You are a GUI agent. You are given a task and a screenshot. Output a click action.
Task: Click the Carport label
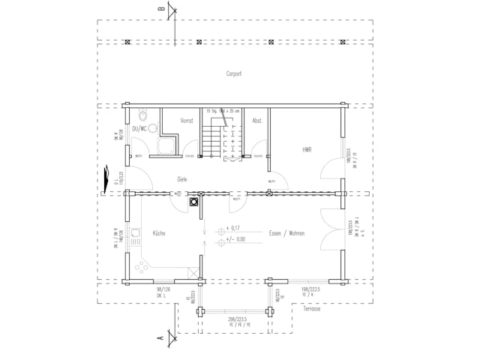coord(234,74)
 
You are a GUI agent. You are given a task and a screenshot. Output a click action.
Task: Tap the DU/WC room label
coord(140,129)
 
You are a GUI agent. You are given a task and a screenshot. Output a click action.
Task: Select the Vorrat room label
coord(187,120)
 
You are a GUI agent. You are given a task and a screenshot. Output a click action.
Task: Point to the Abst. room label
coord(256,120)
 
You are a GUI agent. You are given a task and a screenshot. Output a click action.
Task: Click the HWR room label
coord(307,150)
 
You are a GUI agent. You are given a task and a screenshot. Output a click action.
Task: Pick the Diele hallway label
coord(181,179)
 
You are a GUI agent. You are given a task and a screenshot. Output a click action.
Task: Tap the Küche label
coord(159,233)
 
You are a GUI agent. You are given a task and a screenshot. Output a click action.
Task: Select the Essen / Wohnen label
coord(286,233)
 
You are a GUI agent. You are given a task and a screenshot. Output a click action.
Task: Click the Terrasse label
coord(311,308)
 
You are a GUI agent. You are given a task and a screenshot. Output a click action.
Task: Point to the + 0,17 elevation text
coord(232,228)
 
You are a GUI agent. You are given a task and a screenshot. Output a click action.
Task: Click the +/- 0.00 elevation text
coord(235,239)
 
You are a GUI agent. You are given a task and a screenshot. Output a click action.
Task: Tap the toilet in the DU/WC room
coord(142,116)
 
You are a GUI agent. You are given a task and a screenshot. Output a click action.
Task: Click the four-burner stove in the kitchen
coord(142,266)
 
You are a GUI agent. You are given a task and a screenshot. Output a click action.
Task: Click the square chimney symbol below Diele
coord(193,201)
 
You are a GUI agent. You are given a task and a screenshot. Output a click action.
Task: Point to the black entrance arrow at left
coord(106,177)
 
